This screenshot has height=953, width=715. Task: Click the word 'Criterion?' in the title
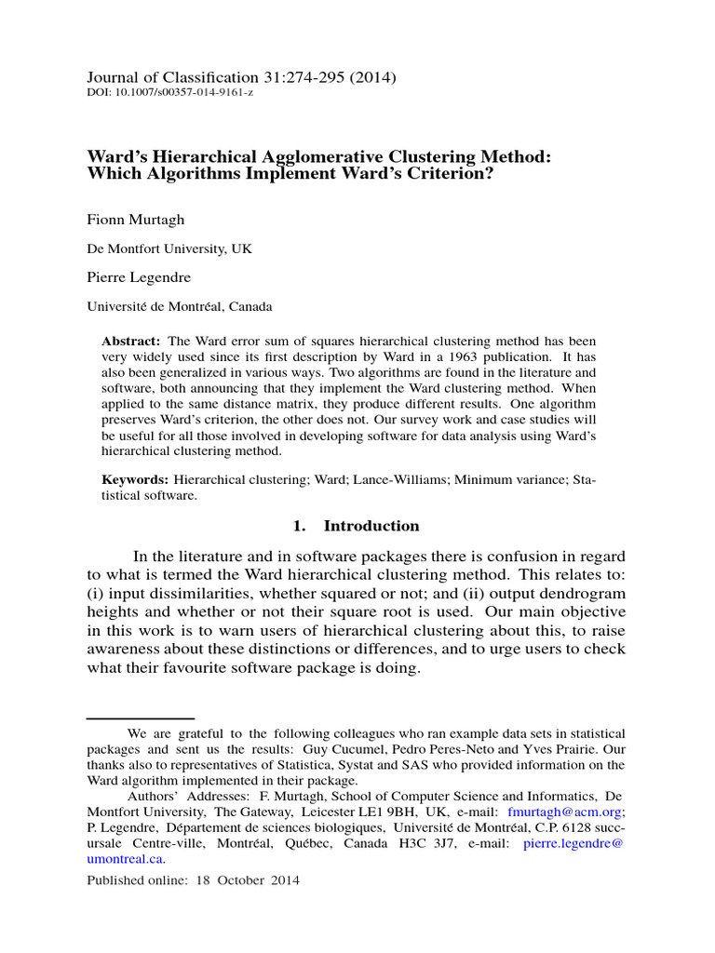point(439,175)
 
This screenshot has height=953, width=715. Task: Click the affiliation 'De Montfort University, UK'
point(169,249)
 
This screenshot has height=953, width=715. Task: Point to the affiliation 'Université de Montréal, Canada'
point(180,306)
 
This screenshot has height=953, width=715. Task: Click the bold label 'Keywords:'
point(135,478)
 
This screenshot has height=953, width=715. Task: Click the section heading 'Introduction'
point(371,526)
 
